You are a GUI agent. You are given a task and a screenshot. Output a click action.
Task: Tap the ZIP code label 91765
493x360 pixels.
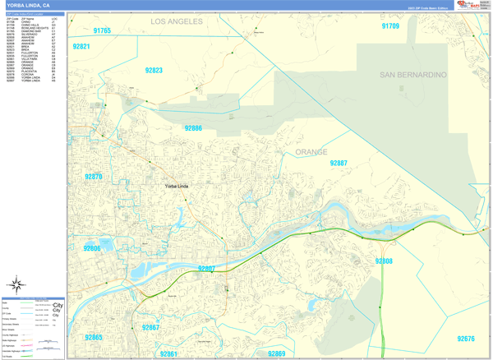[x=103, y=30]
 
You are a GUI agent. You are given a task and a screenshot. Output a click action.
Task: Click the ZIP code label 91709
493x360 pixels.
[x=390, y=26]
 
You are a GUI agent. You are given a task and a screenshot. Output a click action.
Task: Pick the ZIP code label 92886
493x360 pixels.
[x=193, y=128]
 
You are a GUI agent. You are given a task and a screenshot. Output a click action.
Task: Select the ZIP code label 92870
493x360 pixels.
[x=94, y=177]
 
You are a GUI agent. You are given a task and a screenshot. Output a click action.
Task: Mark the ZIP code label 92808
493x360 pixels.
[x=384, y=261]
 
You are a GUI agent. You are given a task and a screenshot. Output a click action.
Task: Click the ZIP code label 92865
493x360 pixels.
[x=94, y=338]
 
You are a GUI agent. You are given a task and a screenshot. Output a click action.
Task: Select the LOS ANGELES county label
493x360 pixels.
[x=182, y=21]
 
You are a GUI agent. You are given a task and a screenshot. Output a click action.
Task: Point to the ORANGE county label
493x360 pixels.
[x=311, y=152]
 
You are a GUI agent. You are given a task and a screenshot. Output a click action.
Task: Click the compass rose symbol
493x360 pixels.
[x=16, y=286]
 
